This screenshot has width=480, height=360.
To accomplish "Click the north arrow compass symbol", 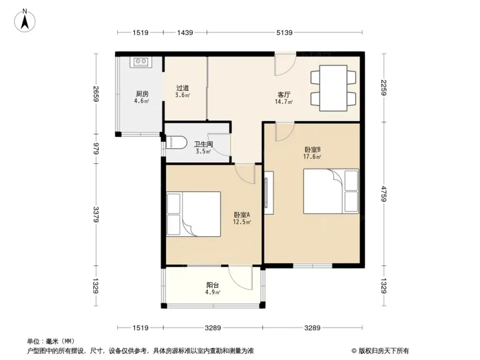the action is pos(25,20).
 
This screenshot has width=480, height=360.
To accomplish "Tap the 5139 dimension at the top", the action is pos(284,32).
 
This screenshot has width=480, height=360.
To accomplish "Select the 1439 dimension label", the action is pos(185,32).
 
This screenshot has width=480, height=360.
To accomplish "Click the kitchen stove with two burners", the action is pos(141,62).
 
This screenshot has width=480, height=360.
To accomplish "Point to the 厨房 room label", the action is pos(142,94).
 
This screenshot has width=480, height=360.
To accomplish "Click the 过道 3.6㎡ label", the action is pos(183,91).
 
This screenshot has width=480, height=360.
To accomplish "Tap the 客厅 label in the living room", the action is pos(284,94).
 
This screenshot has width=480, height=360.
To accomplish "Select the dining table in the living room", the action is pos(334,88).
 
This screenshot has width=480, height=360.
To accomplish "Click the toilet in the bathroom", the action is pos(176,142).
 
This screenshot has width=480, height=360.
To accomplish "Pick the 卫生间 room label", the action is pos(204,144).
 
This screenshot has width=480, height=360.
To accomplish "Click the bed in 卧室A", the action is pos(193,214).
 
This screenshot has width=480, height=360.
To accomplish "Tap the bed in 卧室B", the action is pos(331,192).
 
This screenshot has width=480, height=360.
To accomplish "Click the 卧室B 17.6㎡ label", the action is pos(312,153).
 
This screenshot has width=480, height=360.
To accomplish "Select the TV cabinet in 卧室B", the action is pos(269,193).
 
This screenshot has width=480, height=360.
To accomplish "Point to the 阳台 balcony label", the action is pos(213,285).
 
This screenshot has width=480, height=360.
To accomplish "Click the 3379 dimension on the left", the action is pos(96,215).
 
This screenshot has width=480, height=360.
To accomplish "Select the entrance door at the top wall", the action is pos(285,64).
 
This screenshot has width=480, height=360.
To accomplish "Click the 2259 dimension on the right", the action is pos(383,88).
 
